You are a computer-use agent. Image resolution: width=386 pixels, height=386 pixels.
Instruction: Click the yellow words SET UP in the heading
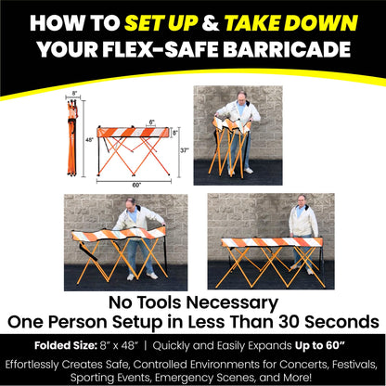pos(161,23)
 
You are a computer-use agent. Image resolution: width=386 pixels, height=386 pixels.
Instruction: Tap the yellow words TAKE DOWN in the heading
pos(291,23)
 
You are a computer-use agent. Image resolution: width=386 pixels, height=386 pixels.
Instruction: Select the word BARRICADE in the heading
pos(287,49)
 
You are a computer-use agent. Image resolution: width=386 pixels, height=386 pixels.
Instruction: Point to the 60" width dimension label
pos(136,185)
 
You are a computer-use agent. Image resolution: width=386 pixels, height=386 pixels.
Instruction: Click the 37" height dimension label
pos(185,150)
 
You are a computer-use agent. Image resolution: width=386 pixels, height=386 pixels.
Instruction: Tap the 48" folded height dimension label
pos(89,140)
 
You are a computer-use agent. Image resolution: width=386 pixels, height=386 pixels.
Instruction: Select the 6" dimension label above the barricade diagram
pos(151,122)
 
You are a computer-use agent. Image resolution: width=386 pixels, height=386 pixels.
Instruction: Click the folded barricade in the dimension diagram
pos(72,137)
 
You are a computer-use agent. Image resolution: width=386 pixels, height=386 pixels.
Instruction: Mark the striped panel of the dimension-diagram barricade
pos(134,132)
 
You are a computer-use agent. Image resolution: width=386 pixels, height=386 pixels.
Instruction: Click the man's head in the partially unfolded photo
pos(241,96)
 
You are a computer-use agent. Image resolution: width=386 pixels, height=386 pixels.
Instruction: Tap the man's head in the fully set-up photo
pos(302,200)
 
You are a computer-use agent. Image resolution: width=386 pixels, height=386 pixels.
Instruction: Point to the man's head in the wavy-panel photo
pos(131,204)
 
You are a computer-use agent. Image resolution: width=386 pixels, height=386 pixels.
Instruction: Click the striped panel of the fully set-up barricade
pos(272,242)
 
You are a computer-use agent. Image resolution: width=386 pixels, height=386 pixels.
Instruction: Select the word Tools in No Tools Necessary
pos(161,302)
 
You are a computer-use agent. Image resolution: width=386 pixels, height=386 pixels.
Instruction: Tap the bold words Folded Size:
pos(66,345)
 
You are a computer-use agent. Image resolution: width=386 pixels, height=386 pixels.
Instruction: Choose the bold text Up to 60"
pos(320,345)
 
